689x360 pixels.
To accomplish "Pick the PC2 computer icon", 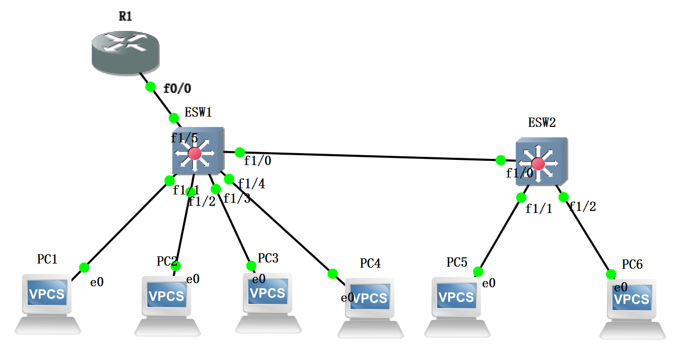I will (x=167, y=305).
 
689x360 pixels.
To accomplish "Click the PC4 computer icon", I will (x=370, y=307).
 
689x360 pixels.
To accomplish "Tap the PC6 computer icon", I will (x=632, y=308).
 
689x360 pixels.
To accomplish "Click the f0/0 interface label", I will (x=177, y=88).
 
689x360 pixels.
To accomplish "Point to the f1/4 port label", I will (x=252, y=184).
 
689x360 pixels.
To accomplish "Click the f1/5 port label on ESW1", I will (x=184, y=138).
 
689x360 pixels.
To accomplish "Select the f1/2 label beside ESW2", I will (x=582, y=207).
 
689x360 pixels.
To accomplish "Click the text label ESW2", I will (x=542, y=123).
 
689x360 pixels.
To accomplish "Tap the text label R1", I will (x=125, y=16).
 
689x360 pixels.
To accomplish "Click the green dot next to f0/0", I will (x=151, y=86).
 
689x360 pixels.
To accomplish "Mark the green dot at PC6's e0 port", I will (x=611, y=274).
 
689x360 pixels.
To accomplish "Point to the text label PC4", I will (x=370, y=264).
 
